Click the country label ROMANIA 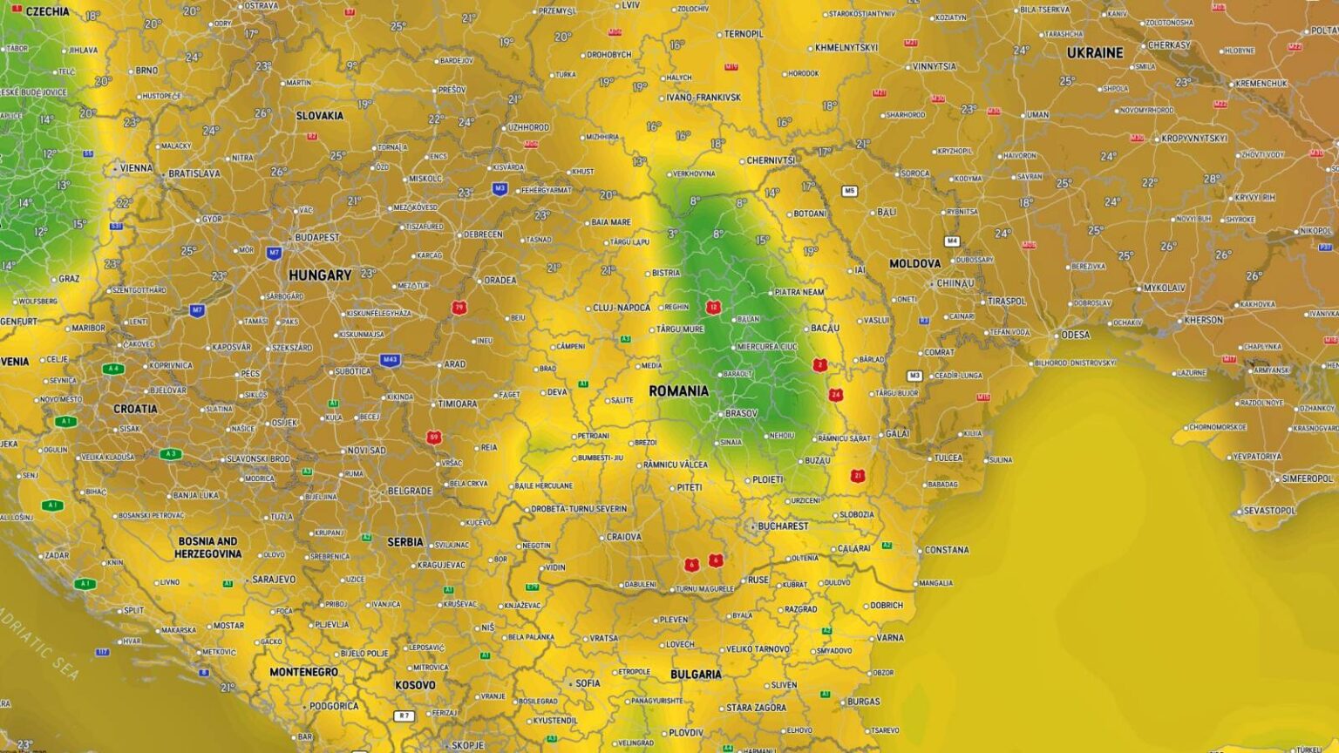point(678,391)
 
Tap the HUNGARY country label point(320,275)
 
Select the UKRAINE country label point(1095,53)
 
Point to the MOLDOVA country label point(914,263)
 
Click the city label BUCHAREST point(783,526)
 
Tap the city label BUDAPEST point(316,237)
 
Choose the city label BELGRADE point(410,491)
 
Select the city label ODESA point(1075,335)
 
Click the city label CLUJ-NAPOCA point(622,308)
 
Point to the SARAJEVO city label point(274,580)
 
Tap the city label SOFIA point(588,683)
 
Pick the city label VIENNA point(136,168)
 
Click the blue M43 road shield point(390,359)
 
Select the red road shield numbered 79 point(459,307)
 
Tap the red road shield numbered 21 point(858,476)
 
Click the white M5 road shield point(849,191)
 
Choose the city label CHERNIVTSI point(771,160)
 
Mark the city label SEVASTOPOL point(1270,511)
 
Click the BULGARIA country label point(696,675)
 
